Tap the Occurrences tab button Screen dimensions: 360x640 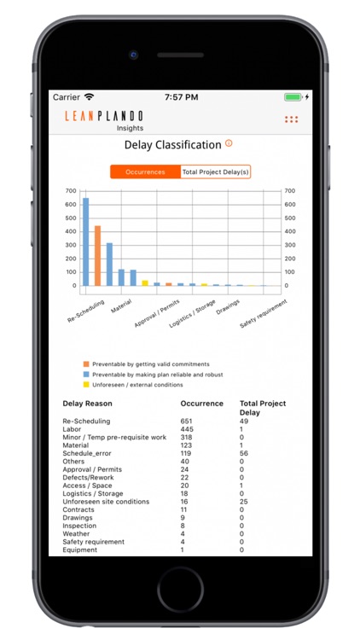[145, 172]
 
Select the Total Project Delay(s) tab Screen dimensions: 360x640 [216, 172]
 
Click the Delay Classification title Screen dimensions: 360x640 [173, 145]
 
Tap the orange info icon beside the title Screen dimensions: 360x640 [229, 144]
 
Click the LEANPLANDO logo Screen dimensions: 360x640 [104, 116]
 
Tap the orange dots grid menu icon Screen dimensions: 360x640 [291, 119]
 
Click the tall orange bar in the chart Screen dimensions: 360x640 [97, 255]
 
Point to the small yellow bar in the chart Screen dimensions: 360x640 [145, 282]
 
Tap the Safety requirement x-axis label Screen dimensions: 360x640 [263, 312]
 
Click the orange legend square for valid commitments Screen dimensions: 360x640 [85, 364]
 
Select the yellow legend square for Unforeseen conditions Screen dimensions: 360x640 [85, 384]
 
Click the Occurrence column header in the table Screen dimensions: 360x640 [202, 404]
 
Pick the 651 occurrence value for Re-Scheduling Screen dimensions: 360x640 [187, 421]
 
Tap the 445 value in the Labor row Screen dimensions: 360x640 [187, 429]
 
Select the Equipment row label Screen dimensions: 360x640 [79, 550]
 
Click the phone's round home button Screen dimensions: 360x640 [180, 589]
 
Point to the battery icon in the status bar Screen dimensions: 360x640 [293, 97]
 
